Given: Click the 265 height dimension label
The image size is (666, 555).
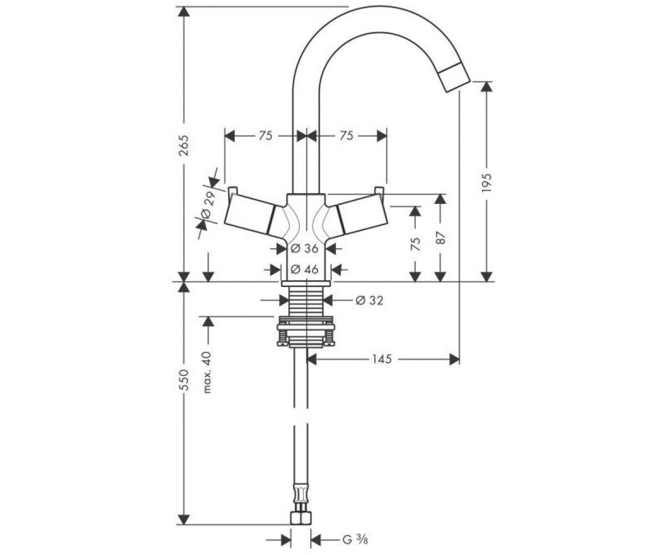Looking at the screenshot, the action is click(184, 145).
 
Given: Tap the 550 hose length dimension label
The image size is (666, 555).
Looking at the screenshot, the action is click(184, 380).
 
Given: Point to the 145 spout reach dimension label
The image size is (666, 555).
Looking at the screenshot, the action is click(382, 360).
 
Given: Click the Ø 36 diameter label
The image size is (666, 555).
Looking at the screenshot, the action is click(305, 248).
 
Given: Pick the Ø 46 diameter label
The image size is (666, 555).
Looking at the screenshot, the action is click(305, 270).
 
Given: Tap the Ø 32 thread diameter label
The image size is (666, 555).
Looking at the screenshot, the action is click(370, 300).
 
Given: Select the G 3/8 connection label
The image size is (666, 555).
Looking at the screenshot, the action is click(355, 531).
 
